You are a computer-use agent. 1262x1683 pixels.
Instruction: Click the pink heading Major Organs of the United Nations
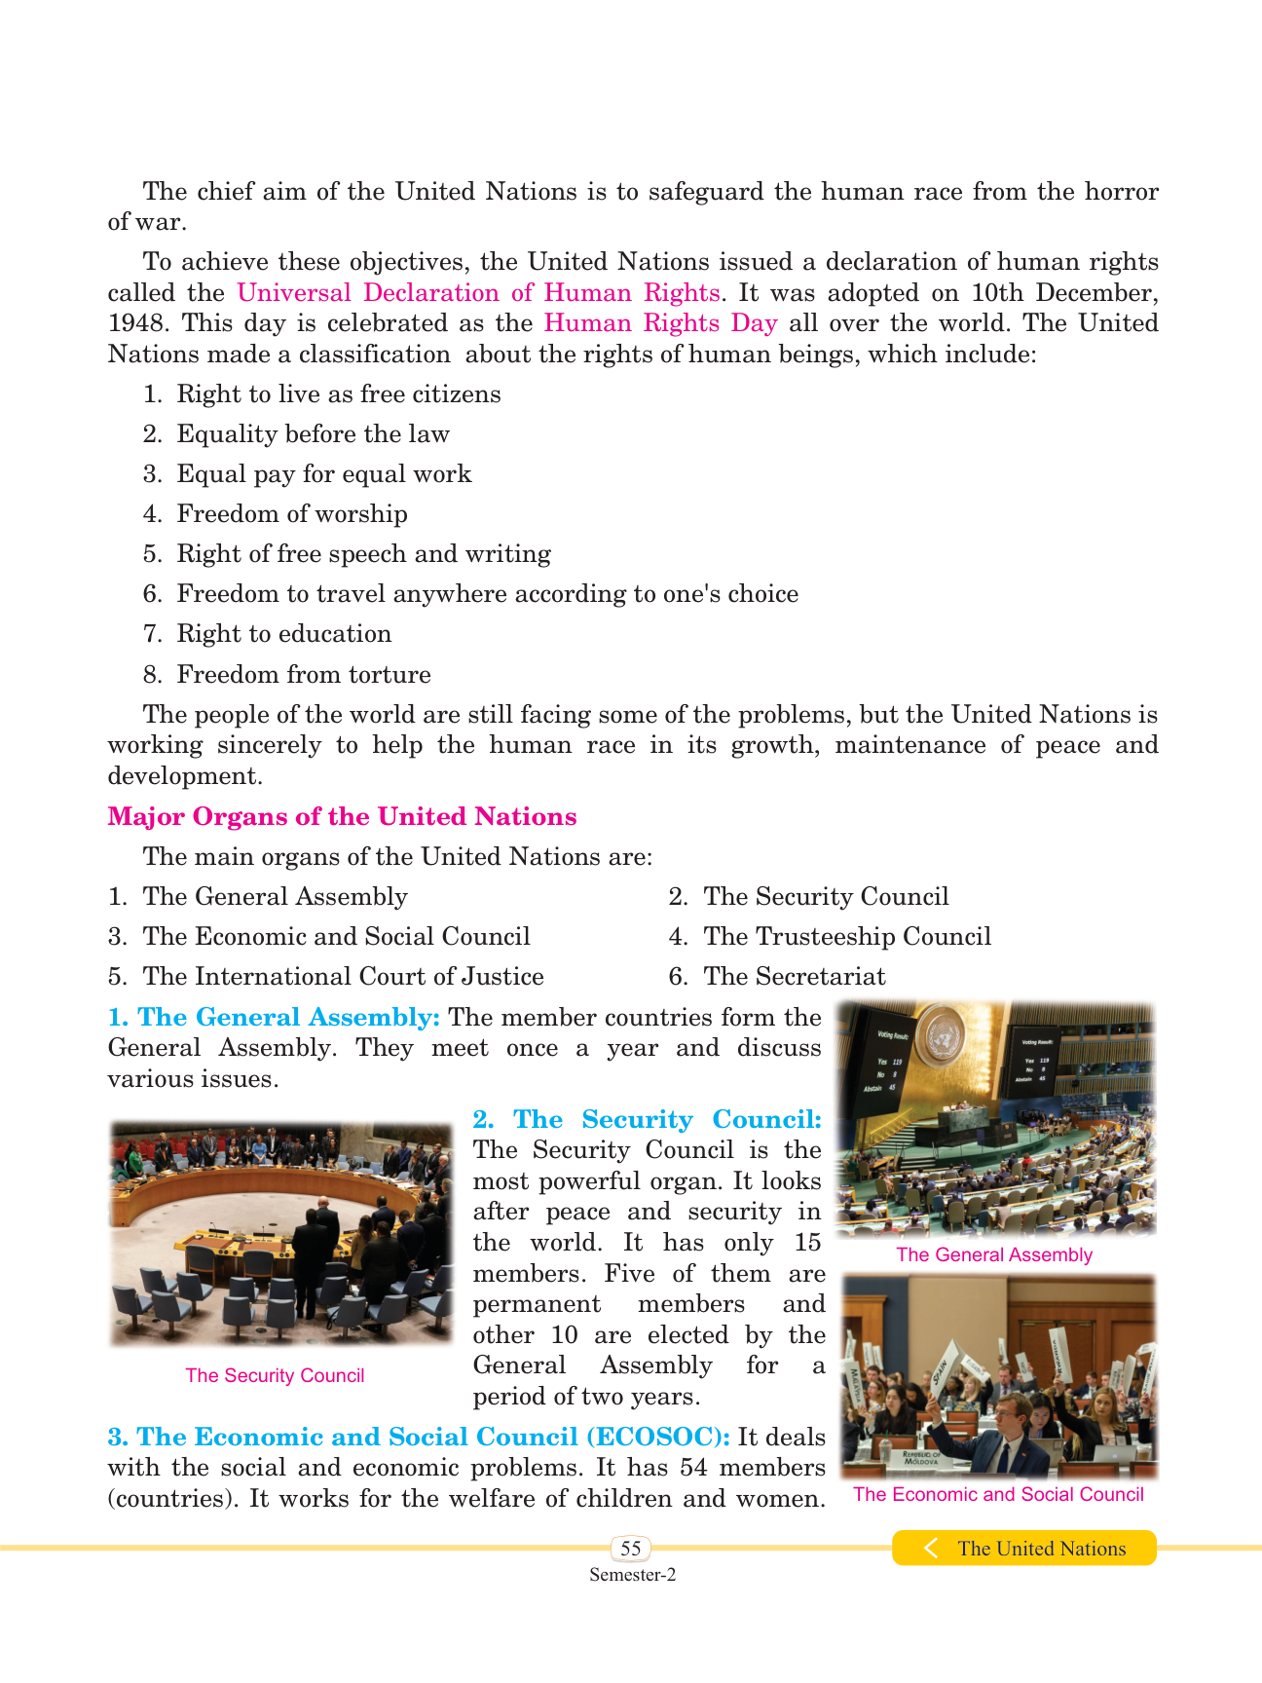(x=342, y=816)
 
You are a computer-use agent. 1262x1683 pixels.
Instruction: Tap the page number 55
(x=631, y=1549)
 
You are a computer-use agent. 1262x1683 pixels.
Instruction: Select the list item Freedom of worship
(x=292, y=513)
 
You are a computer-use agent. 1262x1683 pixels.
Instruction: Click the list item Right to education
(x=283, y=633)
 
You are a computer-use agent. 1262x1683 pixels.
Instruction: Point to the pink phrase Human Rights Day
(x=660, y=323)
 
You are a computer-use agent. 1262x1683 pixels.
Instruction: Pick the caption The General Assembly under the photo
(x=994, y=1254)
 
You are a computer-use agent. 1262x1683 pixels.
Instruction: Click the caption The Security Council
(x=275, y=1375)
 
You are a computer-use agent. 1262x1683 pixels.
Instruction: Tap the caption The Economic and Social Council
(x=998, y=1494)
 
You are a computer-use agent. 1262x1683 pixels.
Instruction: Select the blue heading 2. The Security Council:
(x=648, y=1119)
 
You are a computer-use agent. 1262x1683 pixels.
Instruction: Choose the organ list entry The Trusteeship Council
(x=847, y=936)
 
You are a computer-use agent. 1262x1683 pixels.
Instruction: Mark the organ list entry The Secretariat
(x=795, y=976)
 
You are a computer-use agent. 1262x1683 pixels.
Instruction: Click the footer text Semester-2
(x=632, y=1575)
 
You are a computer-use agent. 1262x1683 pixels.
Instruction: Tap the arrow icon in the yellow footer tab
(x=931, y=1548)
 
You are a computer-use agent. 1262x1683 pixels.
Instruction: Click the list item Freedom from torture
(x=304, y=674)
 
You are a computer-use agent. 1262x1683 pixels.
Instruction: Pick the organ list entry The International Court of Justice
(x=343, y=976)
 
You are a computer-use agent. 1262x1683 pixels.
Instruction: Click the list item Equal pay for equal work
(x=323, y=473)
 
